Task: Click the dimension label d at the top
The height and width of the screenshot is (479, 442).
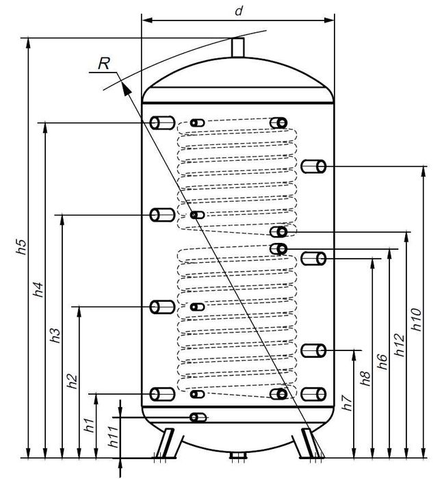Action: [239, 11]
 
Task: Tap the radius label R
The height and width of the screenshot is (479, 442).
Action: [104, 64]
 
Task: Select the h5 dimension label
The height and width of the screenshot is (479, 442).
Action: [21, 247]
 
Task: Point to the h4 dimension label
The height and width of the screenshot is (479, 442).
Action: [38, 289]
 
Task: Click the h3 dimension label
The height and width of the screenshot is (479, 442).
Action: [55, 335]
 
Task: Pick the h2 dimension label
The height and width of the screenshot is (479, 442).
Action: [73, 381]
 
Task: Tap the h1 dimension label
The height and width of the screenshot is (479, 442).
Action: [90, 425]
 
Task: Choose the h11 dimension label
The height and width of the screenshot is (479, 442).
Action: [114, 437]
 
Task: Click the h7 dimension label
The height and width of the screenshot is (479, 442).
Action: [348, 402]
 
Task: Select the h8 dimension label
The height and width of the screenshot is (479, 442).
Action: [365, 378]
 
